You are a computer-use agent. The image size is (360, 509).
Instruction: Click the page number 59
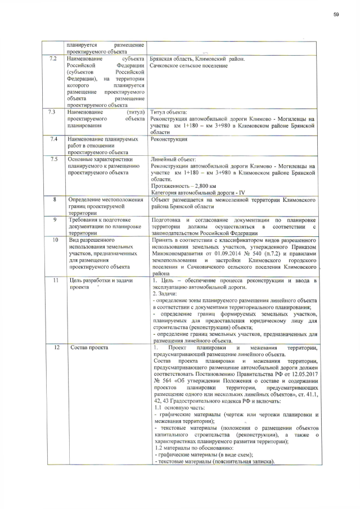click(336, 14)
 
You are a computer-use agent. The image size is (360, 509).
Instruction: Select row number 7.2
click(53, 58)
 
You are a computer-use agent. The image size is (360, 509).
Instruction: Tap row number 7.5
click(53, 159)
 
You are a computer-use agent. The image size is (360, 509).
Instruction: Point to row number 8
click(53, 199)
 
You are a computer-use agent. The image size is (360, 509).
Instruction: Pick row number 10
click(53, 239)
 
